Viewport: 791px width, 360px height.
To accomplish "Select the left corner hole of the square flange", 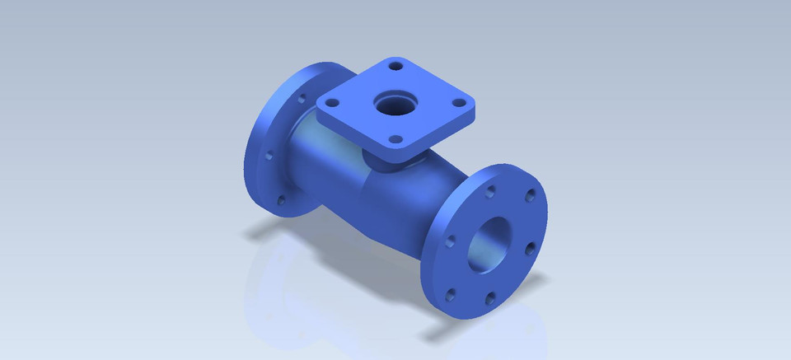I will coord(332,103).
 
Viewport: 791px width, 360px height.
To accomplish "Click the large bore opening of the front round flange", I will coord(488,241).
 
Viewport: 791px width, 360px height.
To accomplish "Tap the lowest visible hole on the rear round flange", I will coord(283,199).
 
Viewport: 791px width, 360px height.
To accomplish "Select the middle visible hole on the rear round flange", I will coord(268,154).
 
